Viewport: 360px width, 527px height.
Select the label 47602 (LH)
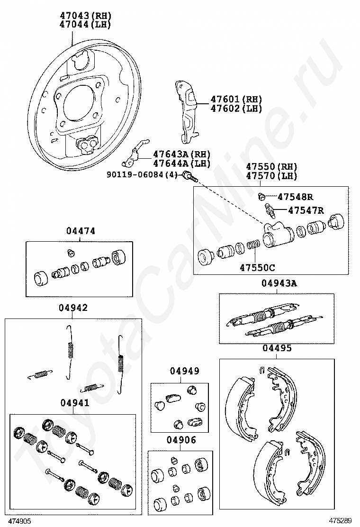click(x=236, y=109)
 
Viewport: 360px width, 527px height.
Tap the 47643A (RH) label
click(x=181, y=154)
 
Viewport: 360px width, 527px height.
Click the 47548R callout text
click(x=296, y=197)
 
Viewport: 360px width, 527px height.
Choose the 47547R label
click(x=306, y=210)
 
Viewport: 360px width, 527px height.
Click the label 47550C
click(x=257, y=267)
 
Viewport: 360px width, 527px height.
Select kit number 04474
click(x=81, y=231)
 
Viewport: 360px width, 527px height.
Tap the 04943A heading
click(x=279, y=283)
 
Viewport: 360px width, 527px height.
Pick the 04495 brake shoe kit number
click(x=277, y=348)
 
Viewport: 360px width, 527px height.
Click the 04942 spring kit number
click(x=73, y=308)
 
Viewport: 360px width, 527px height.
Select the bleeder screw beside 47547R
click(x=269, y=209)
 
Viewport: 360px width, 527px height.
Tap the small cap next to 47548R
click(x=261, y=196)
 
